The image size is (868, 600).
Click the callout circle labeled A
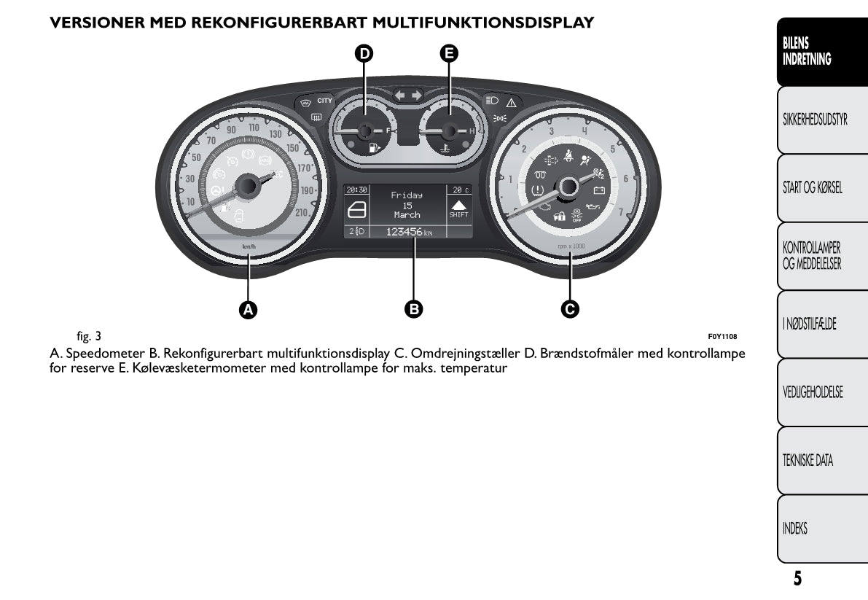(x=249, y=309)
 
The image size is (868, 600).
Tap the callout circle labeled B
(x=414, y=309)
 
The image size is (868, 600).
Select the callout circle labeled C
(x=570, y=309)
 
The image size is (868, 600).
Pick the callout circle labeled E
(x=449, y=52)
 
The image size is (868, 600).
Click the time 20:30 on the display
(x=356, y=190)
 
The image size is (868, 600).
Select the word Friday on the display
(x=407, y=195)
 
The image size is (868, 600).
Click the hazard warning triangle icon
(x=511, y=102)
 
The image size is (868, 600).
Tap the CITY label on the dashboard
(x=324, y=101)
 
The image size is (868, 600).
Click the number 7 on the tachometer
(x=620, y=212)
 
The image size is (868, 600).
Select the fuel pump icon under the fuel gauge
(x=374, y=148)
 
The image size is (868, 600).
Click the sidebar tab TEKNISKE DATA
(x=808, y=460)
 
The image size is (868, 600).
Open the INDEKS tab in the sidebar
(x=795, y=529)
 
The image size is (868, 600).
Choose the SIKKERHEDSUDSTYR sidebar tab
(x=815, y=120)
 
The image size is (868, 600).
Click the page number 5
(x=797, y=579)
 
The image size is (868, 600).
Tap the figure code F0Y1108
(x=722, y=337)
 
